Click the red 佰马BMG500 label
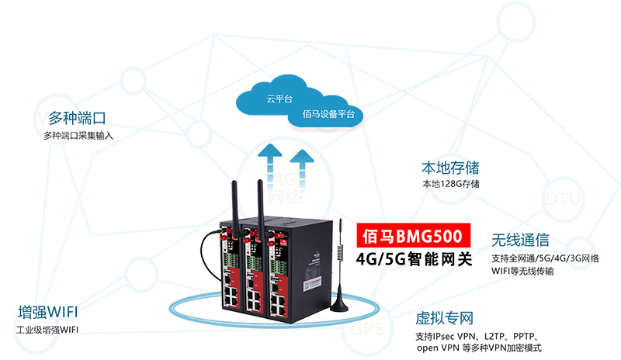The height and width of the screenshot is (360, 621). [x=414, y=235]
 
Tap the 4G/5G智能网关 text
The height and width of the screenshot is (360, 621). [x=414, y=258]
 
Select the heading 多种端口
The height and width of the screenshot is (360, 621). [x=77, y=119]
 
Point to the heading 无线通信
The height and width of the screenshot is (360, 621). [x=520, y=239]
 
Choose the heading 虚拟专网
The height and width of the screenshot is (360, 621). [x=445, y=318]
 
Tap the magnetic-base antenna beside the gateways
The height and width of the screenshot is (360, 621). [x=338, y=279]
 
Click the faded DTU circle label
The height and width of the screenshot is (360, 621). [x=563, y=199]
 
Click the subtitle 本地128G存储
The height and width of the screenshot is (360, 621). [x=450, y=184]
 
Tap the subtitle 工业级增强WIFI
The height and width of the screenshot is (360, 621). [x=47, y=331]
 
